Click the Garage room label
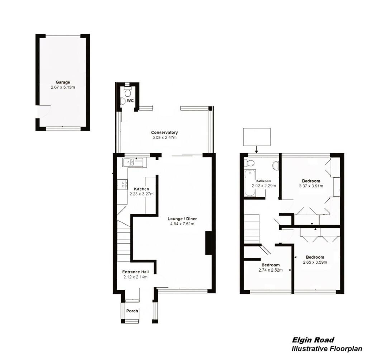pyautogui.click(x=63, y=82)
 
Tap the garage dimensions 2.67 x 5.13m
pyautogui.click(x=63, y=87)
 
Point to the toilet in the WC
pyautogui.click(x=127, y=92)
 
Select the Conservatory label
pyautogui.click(x=165, y=132)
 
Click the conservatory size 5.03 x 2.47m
pyautogui.click(x=165, y=137)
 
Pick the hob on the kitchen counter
pyautogui.click(x=123, y=184)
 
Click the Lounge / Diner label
pyautogui.click(x=182, y=219)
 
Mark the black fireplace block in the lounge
pyautogui.click(x=208, y=243)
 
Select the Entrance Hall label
pyautogui.click(x=135, y=272)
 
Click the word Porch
pyautogui.click(x=132, y=311)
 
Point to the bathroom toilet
pyautogui.click(x=249, y=163)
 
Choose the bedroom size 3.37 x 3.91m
pyautogui.click(x=311, y=186)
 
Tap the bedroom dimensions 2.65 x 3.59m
pyautogui.click(x=315, y=262)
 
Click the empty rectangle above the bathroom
pyautogui.click(x=256, y=136)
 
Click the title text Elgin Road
pyautogui.click(x=313, y=340)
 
